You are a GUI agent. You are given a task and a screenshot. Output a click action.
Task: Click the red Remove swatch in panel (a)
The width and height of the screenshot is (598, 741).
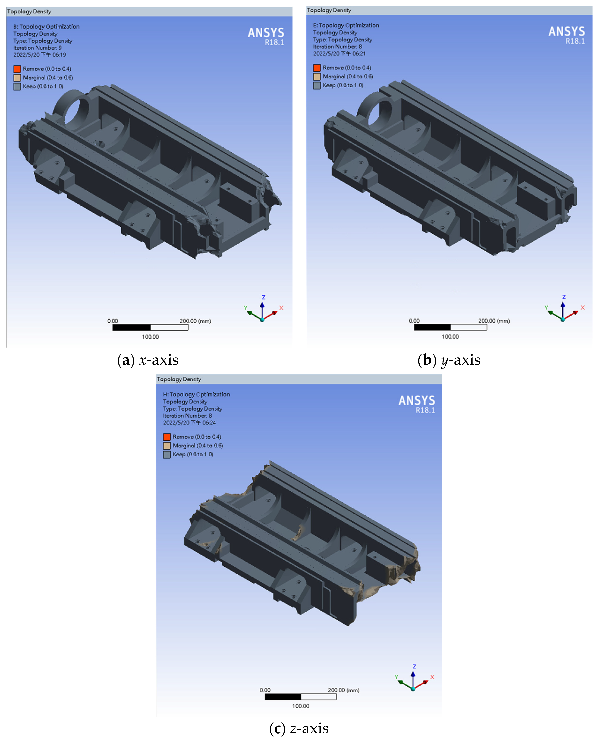[17, 69]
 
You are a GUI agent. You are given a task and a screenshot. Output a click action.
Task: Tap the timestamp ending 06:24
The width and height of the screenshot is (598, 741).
[189, 422]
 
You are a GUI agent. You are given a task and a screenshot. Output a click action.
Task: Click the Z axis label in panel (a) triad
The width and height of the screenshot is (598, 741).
[264, 297]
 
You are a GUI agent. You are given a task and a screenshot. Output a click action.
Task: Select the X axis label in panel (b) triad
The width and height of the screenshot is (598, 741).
[583, 308]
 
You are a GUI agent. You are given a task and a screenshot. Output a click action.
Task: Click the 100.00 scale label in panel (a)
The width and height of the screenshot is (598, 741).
[150, 337]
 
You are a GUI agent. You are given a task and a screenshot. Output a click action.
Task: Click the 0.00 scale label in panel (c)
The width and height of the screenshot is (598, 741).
[265, 690]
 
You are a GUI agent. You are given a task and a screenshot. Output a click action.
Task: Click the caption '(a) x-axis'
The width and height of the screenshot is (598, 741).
[148, 360]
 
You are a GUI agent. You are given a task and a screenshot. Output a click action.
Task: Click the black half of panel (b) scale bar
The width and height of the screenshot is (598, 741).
[432, 327]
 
